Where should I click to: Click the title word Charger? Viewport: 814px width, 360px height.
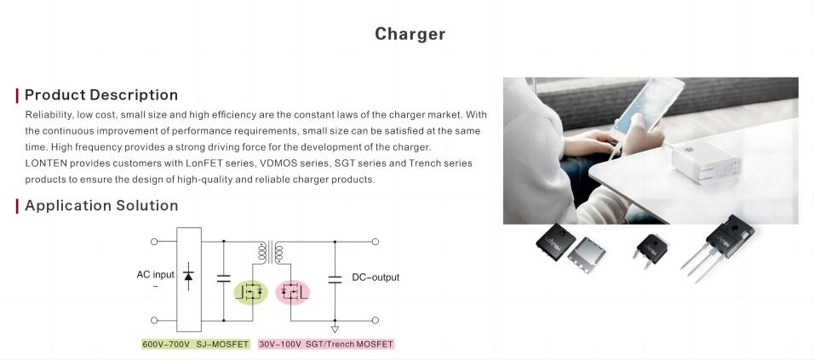coord(410,34)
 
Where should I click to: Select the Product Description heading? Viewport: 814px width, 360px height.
coord(101,95)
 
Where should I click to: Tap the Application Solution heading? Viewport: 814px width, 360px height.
coord(101,205)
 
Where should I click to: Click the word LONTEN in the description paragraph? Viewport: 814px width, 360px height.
coord(46,163)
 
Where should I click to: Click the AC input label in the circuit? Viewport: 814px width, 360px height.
coord(155,274)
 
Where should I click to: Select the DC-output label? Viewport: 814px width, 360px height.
coord(375,277)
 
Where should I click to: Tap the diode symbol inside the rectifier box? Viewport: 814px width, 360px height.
coord(188,276)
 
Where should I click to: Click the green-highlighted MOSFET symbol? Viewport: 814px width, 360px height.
coord(250,292)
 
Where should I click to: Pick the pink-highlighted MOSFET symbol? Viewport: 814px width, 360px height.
coord(292,292)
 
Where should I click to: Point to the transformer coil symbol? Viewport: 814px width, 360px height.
coord(271,253)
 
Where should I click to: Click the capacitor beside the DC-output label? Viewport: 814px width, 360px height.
coord(335,280)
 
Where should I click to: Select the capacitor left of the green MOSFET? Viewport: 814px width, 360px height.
coord(224,278)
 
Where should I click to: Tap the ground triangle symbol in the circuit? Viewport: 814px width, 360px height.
coord(335,329)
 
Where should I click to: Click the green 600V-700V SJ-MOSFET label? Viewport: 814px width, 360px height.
coord(196,344)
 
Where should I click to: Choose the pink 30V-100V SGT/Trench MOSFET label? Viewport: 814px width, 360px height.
coord(326,344)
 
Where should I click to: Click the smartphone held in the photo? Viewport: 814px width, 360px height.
coord(648,106)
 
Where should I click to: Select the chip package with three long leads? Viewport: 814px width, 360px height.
coord(721,243)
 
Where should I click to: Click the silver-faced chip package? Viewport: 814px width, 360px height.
coord(586,254)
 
